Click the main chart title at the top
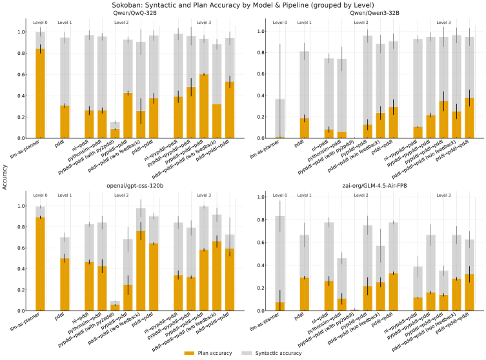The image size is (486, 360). click(243, 5)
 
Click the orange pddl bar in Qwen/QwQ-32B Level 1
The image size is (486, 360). click(65, 122)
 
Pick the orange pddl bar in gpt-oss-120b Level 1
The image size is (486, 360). click(65, 285)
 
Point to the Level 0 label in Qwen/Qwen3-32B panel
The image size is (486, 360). click(279, 23)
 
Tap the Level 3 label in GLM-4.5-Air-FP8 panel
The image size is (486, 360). click(444, 195)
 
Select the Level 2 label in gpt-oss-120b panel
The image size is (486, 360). click(121, 195)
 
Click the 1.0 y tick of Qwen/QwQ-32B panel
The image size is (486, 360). click(23, 32)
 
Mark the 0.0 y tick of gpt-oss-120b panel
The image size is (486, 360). click(23, 311)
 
